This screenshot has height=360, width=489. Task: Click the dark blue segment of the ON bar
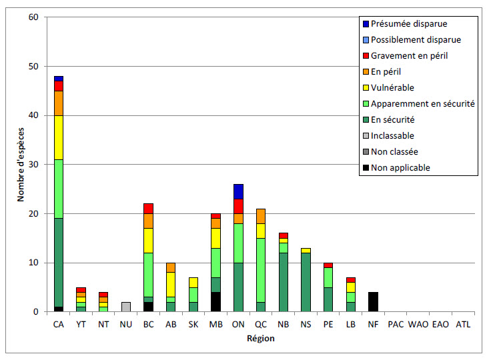[238, 191]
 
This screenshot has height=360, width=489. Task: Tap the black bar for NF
[373, 302]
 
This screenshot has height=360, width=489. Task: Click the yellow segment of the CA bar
[58, 137]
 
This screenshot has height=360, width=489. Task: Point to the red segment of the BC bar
[148, 209]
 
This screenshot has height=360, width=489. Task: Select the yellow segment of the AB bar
[171, 285]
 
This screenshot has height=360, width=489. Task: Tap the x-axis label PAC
[396, 324]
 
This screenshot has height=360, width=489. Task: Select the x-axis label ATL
[463, 324]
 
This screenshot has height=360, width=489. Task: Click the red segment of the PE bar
[328, 265]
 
